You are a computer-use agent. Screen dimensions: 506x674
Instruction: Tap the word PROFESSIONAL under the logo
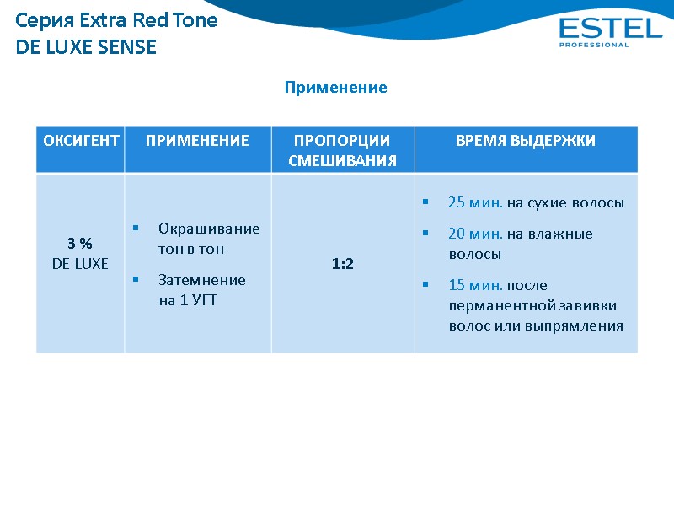pyautogui.click(x=594, y=46)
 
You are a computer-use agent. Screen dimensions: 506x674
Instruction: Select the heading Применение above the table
pyautogui.click(x=335, y=88)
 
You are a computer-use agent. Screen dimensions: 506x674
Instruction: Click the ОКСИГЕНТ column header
pyautogui.click(x=81, y=141)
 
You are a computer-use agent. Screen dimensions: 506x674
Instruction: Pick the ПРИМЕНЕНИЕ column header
pyautogui.click(x=197, y=141)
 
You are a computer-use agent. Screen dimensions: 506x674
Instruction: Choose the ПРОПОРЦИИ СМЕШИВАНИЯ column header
pyautogui.click(x=342, y=150)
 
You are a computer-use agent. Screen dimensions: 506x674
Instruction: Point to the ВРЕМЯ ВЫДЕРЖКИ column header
pyautogui.click(x=526, y=141)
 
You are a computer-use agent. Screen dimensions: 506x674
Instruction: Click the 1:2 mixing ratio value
pyautogui.click(x=342, y=264)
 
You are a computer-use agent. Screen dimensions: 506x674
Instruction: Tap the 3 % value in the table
pyautogui.click(x=80, y=244)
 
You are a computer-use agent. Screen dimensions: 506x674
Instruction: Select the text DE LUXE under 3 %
pyautogui.click(x=80, y=264)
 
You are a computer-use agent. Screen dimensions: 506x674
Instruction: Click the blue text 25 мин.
pyautogui.click(x=476, y=203)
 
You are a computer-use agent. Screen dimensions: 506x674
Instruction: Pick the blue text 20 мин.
pyautogui.click(x=476, y=234)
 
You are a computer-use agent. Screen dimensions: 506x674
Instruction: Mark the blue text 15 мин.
pyautogui.click(x=476, y=285)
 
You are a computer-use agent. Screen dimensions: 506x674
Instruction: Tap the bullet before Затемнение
pyautogui.click(x=136, y=280)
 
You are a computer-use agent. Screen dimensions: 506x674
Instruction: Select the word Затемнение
pyautogui.click(x=202, y=280)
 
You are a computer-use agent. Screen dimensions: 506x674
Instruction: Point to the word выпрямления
pyautogui.click(x=581, y=326)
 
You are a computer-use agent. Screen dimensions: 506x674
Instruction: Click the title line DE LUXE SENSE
pyautogui.click(x=87, y=47)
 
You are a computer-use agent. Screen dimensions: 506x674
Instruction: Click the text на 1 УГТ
pyautogui.click(x=188, y=300)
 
